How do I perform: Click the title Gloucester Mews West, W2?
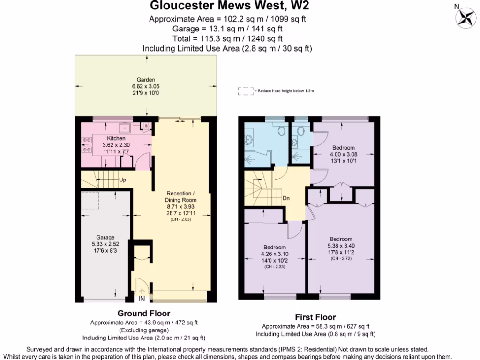(x=229, y=6)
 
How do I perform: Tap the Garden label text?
(x=146, y=80)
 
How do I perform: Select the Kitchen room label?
(x=116, y=139)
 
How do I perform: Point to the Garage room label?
(x=105, y=238)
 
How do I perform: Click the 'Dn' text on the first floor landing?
(x=286, y=198)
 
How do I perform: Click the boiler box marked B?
(x=146, y=126)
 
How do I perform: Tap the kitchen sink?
(x=126, y=127)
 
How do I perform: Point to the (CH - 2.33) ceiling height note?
(x=275, y=266)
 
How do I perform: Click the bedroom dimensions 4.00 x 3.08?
(x=344, y=154)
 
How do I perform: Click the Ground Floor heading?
(x=143, y=313)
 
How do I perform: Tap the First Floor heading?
(x=315, y=317)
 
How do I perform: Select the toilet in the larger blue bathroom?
(x=281, y=131)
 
